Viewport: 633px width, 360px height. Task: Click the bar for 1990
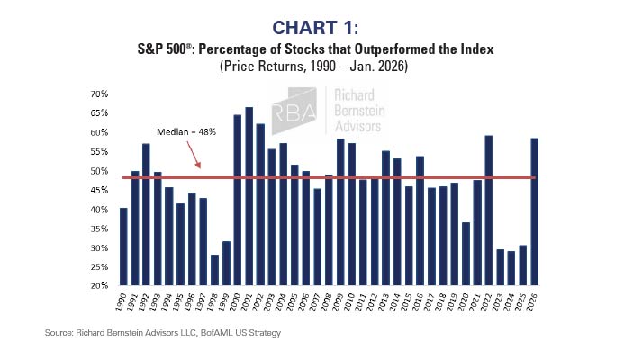click(x=123, y=247)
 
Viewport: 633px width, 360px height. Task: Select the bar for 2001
click(x=249, y=197)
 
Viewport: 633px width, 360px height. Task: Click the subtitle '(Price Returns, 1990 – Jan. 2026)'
click(x=316, y=66)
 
